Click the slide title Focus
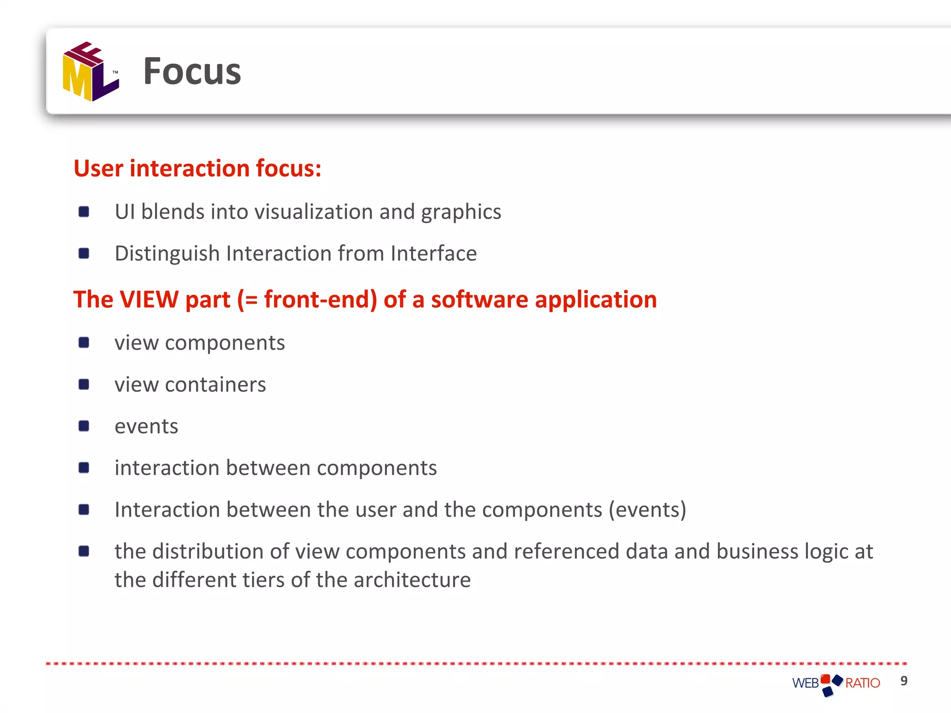pos(192,71)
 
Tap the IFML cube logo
pos(91,71)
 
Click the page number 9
pos(904,681)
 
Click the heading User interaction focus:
pos(197,168)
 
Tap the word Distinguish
pos(167,254)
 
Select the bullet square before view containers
pos(84,384)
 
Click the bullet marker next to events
pos(84,426)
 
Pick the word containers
pos(215,385)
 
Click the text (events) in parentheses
pos(647,510)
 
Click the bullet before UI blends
pos(84,212)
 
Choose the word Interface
pos(434,254)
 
